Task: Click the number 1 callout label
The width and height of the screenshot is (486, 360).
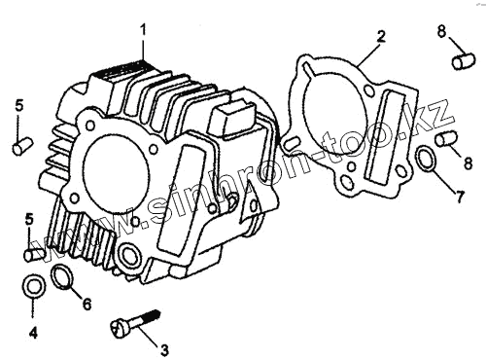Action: [x=143, y=30]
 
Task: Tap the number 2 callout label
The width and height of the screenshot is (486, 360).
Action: [x=381, y=36]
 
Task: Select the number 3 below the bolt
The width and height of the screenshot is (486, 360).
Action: [x=164, y=349]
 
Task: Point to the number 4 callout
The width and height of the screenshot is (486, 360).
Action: [x=33, y=333]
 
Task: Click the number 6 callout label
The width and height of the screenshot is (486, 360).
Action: [x=87, y=305]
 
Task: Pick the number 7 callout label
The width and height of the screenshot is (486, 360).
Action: [x=459, y=197]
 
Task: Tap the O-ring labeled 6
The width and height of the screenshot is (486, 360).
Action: [x=62, y=277]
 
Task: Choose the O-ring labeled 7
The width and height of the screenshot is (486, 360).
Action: [x=426, y=159]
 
